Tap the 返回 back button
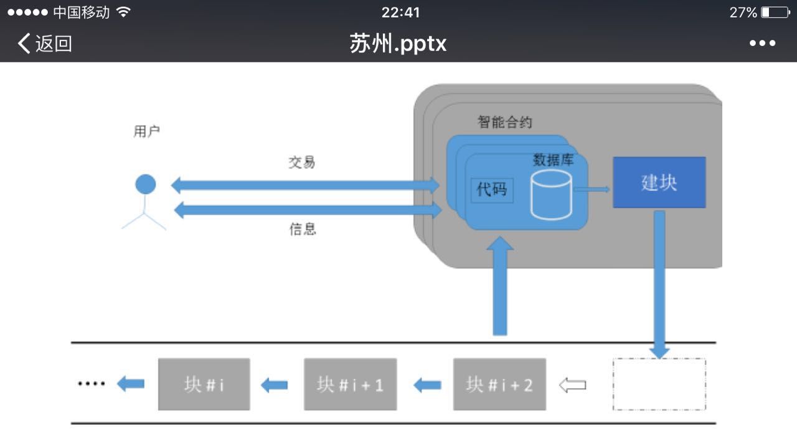click(45, 44)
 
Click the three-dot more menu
click(762, 44)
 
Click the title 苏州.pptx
click(398, 44)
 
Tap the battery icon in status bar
click(775, 12)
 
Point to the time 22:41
click(400, 12)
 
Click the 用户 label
click(147, 131)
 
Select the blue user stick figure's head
click(146, 184)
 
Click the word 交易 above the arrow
click(302, 163)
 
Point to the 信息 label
click(303, 229)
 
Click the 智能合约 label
click(505, 122)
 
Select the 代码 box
click(492, 189)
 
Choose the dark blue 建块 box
click(659, 183)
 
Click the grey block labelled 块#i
click(204, 384)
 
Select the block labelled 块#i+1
click(350, 384)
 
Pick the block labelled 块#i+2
click(499, 384)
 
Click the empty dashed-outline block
click(659, 384)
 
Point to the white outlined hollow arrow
click(573, 385)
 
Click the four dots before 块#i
click(92, 384)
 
